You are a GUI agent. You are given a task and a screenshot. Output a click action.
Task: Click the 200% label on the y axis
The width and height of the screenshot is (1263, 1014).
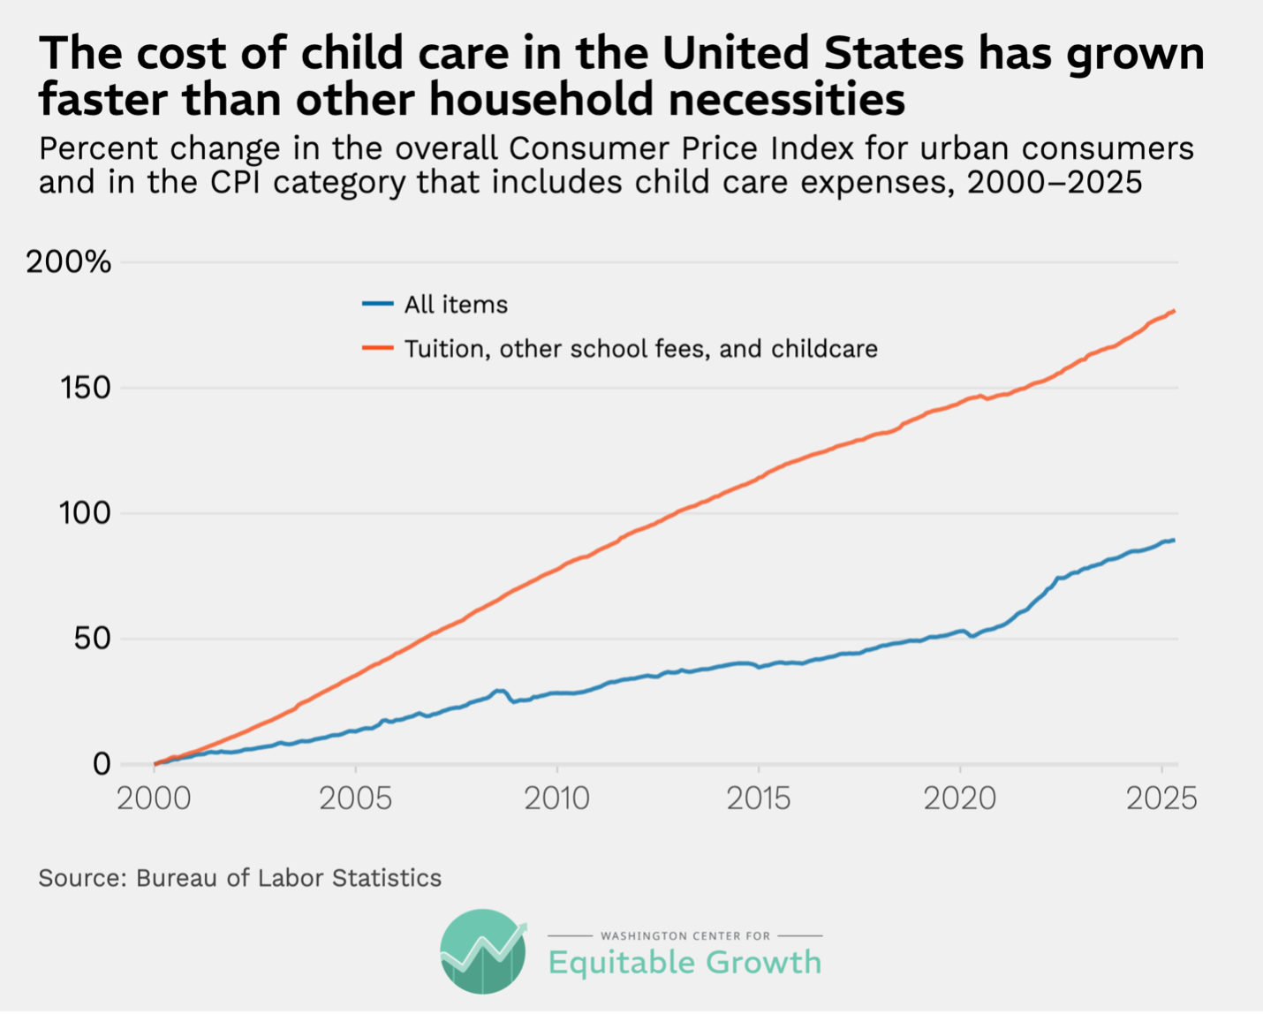[69, 262]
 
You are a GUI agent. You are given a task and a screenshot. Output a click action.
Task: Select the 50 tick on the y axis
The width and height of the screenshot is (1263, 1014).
[92, 639]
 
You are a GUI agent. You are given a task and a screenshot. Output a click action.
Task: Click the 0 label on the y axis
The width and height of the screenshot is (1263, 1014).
[102, 764]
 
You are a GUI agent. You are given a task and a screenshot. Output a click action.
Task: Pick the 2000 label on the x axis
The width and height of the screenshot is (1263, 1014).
[154, 798]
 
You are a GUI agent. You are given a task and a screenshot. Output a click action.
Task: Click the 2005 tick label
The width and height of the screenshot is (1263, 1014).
[355, 798]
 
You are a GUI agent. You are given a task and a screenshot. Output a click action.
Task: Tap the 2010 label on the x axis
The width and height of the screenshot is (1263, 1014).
[556, 798]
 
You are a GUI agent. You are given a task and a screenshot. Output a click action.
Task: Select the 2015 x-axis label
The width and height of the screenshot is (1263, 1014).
[758, 798]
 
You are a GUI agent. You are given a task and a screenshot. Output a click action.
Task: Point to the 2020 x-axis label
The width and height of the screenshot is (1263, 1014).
[959, 798]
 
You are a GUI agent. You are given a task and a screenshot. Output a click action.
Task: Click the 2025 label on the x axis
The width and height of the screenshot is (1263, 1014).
[1161, 798]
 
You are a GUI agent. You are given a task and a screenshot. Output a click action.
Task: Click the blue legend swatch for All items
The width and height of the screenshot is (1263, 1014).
[377, 304]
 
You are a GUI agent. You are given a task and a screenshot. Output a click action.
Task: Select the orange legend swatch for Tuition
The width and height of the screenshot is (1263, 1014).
[377, 348]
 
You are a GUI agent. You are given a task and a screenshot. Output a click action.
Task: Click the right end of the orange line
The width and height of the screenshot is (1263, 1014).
[1174, 311]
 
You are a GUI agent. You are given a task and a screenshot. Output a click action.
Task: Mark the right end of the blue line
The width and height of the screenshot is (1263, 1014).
[1174, 540]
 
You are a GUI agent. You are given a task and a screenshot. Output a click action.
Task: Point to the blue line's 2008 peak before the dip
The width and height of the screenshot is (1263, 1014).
[499, 691]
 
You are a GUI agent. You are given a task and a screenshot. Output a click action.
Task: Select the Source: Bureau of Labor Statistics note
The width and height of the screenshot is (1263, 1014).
[239, 878]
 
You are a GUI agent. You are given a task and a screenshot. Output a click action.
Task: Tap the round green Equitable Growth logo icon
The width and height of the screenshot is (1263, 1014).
[483, 952]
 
